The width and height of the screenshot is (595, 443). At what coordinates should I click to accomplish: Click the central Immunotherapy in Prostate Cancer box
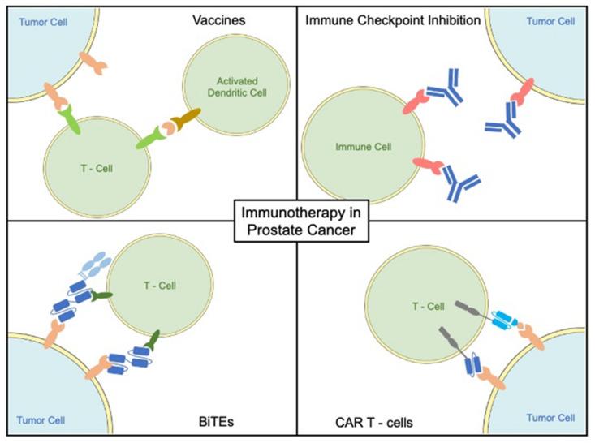pos(298,220)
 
